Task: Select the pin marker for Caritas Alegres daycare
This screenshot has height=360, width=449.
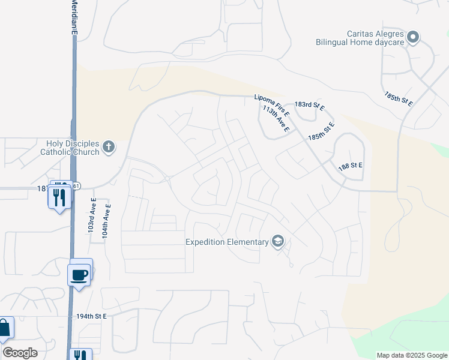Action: [413, 38]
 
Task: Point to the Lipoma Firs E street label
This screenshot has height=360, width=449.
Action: [272, 104]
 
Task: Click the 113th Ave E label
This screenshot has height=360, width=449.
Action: [276, 119]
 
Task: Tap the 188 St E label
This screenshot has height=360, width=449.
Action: [351, 166]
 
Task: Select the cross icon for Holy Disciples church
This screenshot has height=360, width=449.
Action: [109, 146]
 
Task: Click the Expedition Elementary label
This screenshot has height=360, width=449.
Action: [227, 242]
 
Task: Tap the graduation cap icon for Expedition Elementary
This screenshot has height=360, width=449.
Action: [277, 242]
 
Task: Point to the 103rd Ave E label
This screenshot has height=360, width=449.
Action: [92, 216]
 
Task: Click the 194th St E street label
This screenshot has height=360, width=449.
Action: [91, 316]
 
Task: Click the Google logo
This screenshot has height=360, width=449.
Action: [20, 352]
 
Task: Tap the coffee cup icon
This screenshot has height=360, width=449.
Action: [80, 275]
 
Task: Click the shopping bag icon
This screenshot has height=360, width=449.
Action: [4, 328]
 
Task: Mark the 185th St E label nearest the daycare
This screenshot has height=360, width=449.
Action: [399, 98]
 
